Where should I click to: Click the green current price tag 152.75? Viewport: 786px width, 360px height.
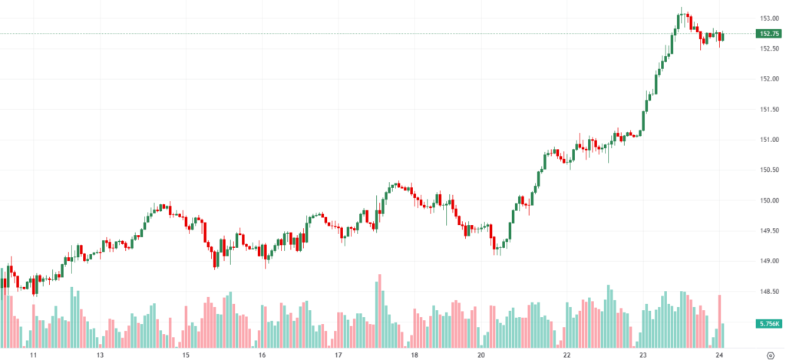click(x=768, y=34)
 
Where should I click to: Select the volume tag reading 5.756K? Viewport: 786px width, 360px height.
click(x=768, y=324)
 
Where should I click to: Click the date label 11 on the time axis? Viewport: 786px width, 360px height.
click(x=34, y=355)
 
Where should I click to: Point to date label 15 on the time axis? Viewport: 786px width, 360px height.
click(x=186, y=355)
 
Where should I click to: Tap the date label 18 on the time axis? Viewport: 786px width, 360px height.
click(x=414, y=355)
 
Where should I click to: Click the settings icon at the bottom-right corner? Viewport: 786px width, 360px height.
click(x=770, y=355)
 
